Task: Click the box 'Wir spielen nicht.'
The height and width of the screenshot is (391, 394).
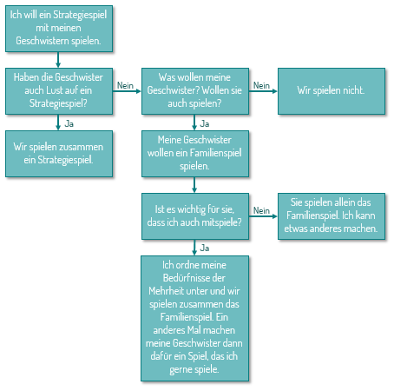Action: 332,91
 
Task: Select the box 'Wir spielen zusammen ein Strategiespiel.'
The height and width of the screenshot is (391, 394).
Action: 59,154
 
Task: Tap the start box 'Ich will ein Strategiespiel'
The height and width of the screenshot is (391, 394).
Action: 59,29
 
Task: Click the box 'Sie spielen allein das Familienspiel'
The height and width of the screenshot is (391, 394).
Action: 332,216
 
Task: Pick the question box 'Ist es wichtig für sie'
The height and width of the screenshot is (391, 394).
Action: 195,216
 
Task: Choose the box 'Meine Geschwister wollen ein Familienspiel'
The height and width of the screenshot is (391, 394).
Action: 195,154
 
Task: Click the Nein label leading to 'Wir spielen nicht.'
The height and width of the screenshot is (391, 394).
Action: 261,85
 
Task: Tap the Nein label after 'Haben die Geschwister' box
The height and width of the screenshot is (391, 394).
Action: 125,85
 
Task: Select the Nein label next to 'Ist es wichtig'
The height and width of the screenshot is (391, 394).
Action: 261,210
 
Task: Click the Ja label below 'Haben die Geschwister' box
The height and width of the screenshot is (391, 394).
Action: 69,123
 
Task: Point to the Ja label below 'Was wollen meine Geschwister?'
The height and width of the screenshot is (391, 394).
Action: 205,123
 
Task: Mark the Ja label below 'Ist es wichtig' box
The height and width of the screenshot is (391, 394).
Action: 205,248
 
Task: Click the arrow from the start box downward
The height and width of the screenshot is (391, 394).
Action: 58,60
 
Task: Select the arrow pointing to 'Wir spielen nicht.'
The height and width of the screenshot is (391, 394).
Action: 263,91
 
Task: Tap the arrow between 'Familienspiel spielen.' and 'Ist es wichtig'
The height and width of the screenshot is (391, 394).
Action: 194,185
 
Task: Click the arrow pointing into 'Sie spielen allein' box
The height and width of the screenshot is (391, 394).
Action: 263,216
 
